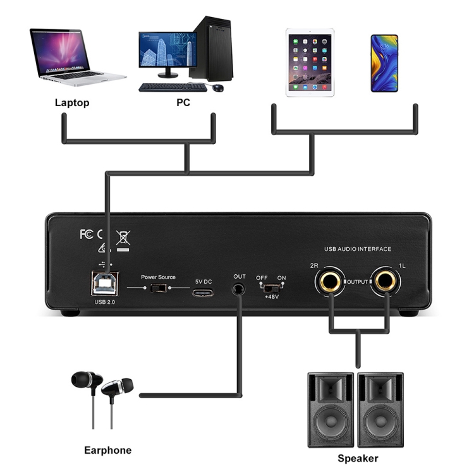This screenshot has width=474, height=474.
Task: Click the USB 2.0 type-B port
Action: [104, 283]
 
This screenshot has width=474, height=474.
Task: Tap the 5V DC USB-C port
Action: [202, 293]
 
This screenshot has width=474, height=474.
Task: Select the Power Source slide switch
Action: [158, 288]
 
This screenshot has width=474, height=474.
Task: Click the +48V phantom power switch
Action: [271, 288]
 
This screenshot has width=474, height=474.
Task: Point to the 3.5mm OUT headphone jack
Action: [238, 289]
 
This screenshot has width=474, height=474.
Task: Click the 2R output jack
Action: [329, 281]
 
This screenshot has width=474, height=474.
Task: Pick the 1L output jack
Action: [386, 281]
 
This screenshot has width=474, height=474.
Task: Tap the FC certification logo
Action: [87, 234]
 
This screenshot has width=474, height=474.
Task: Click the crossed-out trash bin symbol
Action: [123, 238]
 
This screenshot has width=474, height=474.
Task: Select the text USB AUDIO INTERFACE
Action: [358, 249]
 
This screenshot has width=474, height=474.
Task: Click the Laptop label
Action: [72, 103]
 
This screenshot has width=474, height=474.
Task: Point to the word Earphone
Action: [107, 450]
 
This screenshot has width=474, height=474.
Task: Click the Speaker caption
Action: [358, 458]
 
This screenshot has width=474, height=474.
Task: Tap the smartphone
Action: [384, 63]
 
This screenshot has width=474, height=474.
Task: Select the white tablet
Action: [310, 63]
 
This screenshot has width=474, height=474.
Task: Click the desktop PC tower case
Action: [212, 49]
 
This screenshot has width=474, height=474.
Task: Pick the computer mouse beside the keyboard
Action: [217, 88]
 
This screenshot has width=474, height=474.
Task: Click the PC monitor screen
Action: [167, 49]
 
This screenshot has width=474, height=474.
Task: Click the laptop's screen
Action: [60, 51]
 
